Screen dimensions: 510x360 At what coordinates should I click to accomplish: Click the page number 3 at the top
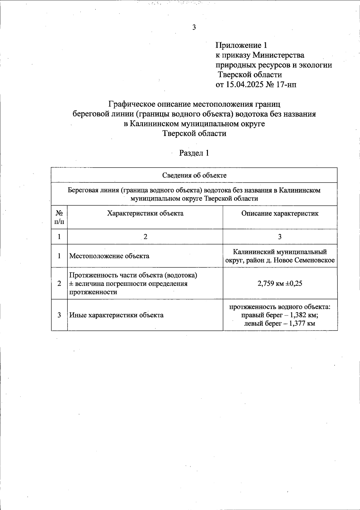point(194,27)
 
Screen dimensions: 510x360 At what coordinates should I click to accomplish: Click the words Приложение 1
point(241,45)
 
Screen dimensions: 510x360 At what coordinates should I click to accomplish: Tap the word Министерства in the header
point(278,55)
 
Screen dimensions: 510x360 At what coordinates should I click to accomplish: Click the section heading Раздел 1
point(194,153)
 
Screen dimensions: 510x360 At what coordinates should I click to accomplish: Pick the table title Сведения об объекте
point(194,175)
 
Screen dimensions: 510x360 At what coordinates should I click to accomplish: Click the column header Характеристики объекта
point(145,213)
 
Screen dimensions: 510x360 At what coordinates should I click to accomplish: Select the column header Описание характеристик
point(280,213)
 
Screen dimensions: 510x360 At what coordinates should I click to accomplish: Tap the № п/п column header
point(59,217)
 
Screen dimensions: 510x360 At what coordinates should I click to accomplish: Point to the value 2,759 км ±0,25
point(280,283)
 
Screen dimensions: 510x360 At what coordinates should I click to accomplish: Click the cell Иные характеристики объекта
point(116,315)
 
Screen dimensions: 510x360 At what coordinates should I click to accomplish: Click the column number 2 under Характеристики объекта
point(145,237)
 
